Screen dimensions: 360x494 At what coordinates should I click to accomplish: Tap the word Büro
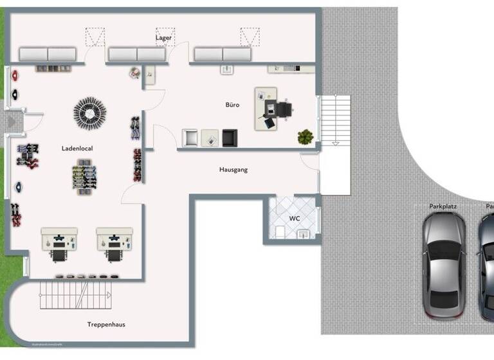(232, 104)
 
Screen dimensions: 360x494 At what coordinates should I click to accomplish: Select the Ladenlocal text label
(77, 148)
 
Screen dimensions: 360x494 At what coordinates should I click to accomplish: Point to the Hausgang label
(233, 170)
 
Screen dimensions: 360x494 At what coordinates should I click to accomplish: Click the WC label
(294, 219)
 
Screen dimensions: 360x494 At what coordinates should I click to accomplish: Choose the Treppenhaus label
(106, 325)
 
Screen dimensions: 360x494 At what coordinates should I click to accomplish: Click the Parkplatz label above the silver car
(443, 206)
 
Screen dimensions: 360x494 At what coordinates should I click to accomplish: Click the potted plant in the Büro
(306, 136)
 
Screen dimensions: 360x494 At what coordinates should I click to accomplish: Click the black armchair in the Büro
(230, 138)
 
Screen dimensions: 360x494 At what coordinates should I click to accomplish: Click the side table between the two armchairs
(210, 138)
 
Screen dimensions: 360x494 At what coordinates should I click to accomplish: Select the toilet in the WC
(280, 232)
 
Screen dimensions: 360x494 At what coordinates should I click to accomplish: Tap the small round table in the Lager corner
(135, 73)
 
